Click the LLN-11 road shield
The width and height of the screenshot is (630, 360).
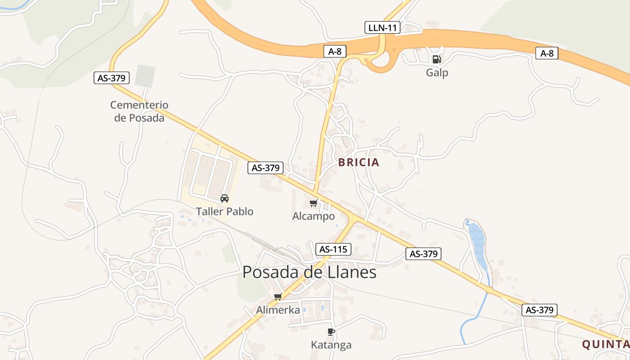click(382, 27)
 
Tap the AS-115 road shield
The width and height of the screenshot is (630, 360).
click(333, 249)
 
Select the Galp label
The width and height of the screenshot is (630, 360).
click(437, 72)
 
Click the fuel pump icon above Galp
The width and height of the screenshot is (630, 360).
click(436, 59)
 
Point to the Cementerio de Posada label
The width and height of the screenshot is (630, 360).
click(139, 111)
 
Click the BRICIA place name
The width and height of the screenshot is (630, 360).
click(359, 162)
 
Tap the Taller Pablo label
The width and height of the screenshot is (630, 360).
click(225, 211)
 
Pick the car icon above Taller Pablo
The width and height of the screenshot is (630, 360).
click(224, 198)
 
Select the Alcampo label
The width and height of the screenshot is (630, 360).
click(314, 216)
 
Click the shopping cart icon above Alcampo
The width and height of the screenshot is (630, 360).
click(314, 203)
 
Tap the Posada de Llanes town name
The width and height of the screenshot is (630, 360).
click(309, 272)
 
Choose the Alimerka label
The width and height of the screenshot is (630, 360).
click(278, 310)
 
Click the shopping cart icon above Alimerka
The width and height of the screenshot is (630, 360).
click(278, 297)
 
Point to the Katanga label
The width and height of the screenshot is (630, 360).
click(331, 345)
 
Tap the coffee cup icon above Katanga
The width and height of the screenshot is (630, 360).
click(331, 332)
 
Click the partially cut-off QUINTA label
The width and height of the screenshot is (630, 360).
click(606, 345)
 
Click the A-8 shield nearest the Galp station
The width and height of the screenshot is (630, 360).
click(547, 53)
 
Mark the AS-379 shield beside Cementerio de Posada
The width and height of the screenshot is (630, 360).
click(112, 78)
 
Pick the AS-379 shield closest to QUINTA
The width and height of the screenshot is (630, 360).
click(540, 310)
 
